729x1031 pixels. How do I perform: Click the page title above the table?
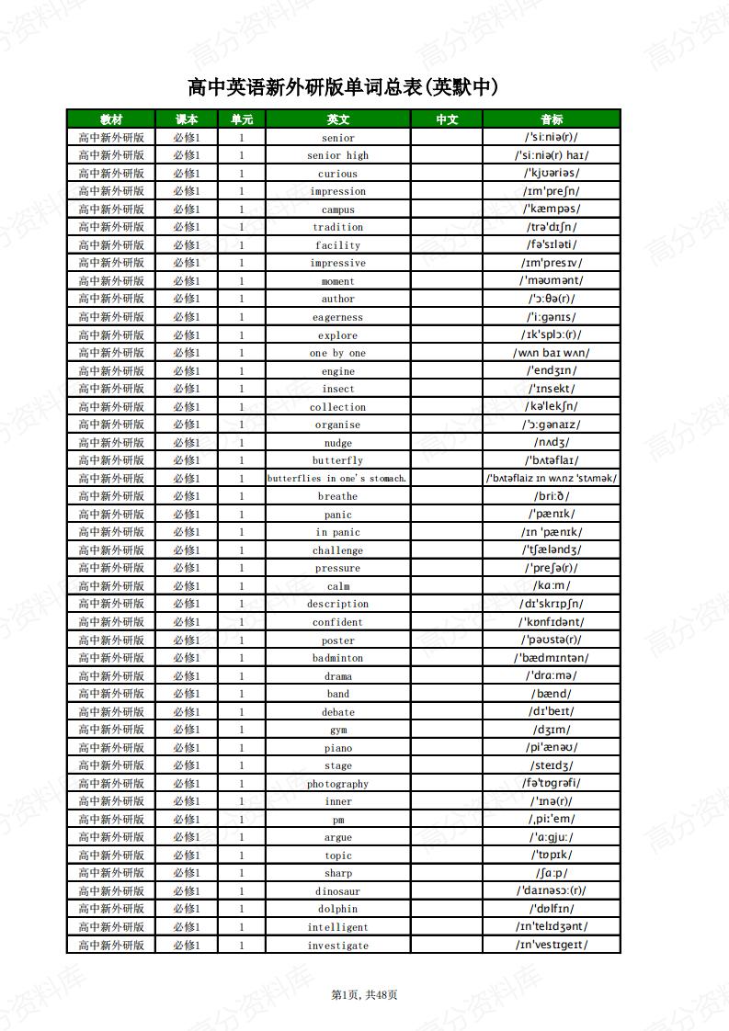343,87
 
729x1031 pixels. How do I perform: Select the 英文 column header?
337,119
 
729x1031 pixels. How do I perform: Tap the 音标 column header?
552,119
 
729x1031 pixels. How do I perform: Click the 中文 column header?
447,119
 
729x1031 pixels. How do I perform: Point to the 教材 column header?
111,119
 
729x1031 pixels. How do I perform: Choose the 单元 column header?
242,119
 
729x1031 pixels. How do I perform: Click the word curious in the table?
337,174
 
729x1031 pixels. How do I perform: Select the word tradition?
337,227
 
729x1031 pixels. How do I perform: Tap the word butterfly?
337,460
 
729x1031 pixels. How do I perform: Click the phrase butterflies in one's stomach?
337,479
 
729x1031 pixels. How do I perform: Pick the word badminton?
337,658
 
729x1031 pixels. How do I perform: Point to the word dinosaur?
337,891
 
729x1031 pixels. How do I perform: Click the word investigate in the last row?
337,946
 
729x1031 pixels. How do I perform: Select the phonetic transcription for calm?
552,586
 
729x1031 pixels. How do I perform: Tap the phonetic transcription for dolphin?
552,909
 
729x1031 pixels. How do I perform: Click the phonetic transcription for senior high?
552,155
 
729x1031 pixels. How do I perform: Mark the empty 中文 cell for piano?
447,748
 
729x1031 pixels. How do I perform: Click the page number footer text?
364,994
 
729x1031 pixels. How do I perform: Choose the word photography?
337,784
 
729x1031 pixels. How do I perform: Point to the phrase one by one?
337,353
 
